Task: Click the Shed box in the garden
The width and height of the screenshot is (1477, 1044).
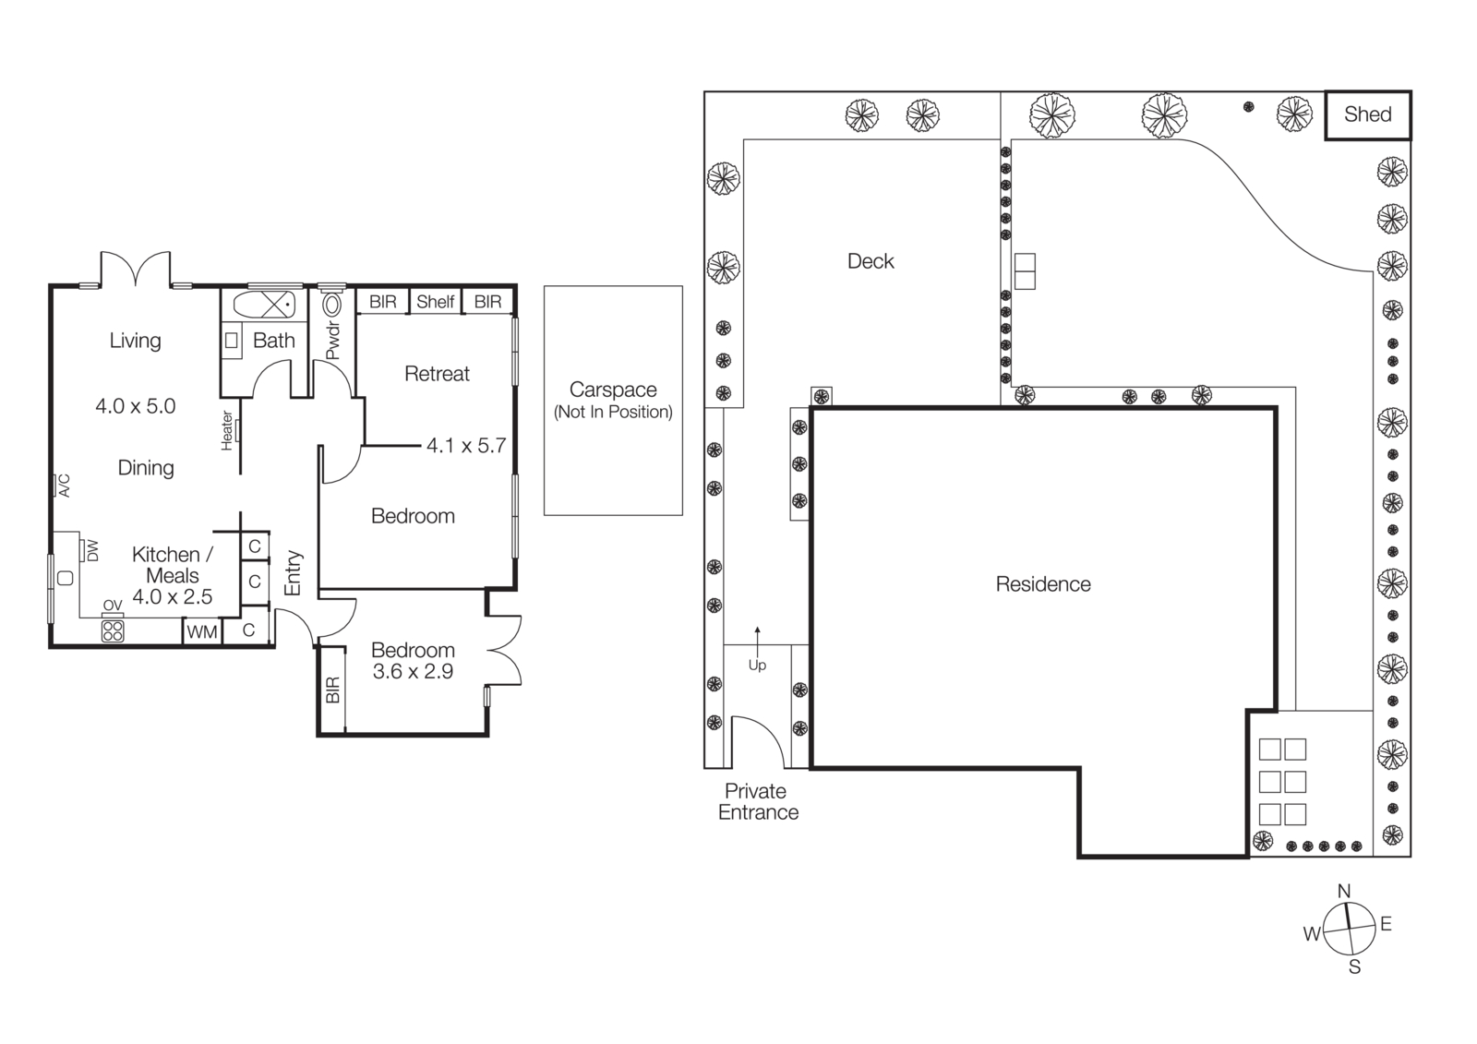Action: click(x=1368, y=114)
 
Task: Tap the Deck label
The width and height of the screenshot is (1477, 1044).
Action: click(x=871, y=261)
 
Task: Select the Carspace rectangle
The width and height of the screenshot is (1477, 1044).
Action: click(x=613, y=400)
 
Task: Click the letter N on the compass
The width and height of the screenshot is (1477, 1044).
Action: click(x=1344, y=891)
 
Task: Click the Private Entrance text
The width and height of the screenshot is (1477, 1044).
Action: click(x=758, y=801)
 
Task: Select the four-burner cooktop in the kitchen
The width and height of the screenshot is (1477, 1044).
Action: click(x=113, y=630)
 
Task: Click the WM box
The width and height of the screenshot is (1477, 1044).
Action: click(x=202, y=631)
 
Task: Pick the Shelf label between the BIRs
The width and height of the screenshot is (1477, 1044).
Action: click(x=435, y=302)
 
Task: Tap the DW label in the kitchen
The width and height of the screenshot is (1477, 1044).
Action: click(x=92, y=550)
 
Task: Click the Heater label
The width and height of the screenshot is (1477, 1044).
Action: click(x=227, y=431)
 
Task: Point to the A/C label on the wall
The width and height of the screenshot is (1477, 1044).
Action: click(x=64, y=486)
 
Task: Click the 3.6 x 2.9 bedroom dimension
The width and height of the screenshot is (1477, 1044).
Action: click(x=413, y=672)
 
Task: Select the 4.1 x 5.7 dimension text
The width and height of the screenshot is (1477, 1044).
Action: click(x=466, y=446)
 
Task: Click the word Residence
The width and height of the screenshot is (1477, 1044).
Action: click(x=1043, y=584)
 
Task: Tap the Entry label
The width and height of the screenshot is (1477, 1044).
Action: click(x=294, y=572)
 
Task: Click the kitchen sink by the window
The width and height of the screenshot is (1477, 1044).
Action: click(x=65, y=578)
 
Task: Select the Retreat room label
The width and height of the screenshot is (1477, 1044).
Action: click(x=437, y=374)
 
